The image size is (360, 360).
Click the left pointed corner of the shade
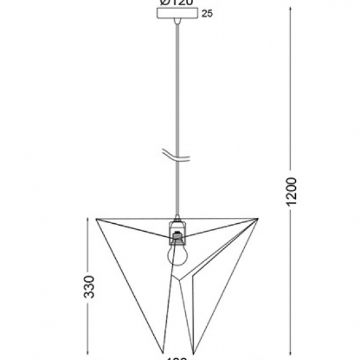tap(97, 219)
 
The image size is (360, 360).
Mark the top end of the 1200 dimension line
tap(293, 8)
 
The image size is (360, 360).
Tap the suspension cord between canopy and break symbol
tap(177, 85)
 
